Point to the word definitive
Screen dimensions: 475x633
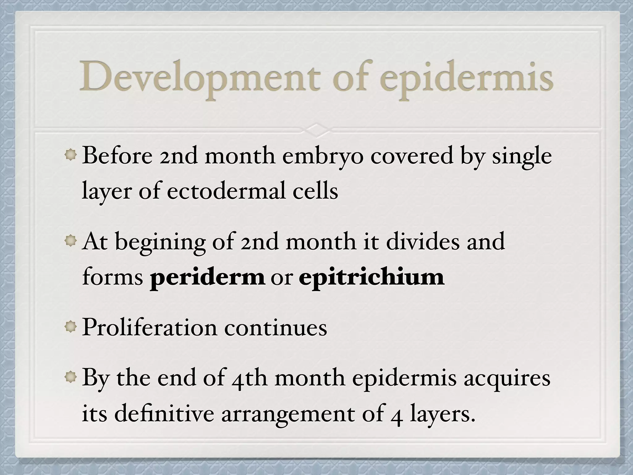coord(164,414)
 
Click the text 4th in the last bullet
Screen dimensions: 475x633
coord(249,379)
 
